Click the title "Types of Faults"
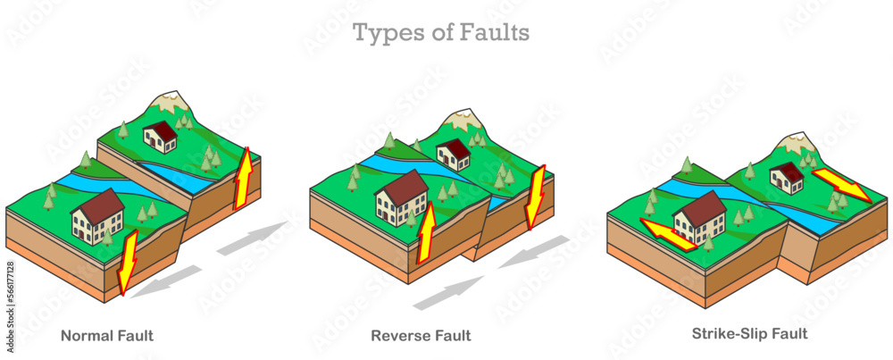click(441, 33)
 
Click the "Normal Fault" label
click(106, 337)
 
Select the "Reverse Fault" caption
click(421, 337)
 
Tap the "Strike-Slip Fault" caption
click(749, 334)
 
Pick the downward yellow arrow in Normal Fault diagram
click(126, 262)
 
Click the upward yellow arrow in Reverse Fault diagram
click(427, 232)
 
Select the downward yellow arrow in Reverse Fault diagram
click(534, 196)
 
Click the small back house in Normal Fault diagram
click(160, 137)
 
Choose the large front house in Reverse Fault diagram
click(401, 197)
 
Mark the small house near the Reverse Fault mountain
click(454, 154)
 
